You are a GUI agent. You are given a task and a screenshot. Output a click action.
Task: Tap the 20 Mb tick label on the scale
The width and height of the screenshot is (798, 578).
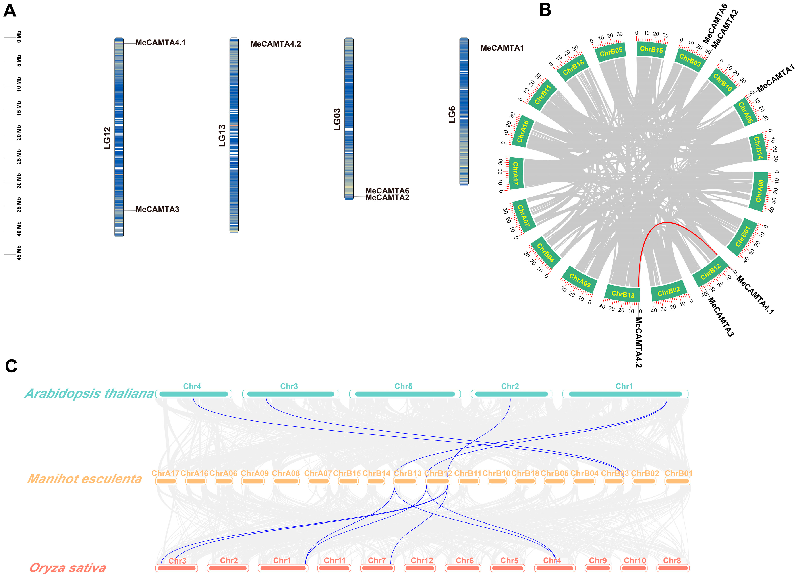pos(19,133)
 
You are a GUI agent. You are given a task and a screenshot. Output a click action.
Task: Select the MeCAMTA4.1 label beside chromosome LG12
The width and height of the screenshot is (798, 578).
pos(160,43)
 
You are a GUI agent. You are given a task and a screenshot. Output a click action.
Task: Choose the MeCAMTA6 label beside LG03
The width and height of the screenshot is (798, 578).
pos(387,191)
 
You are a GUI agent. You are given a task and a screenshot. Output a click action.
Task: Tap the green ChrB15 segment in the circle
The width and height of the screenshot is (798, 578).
pos(651,49)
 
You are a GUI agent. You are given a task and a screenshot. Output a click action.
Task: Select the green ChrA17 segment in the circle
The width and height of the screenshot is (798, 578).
pos(516,173)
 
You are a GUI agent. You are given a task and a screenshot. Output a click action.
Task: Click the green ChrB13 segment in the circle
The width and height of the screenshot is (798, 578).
pos(623,294)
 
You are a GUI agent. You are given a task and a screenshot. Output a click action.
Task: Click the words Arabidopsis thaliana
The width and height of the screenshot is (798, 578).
pos(89,393)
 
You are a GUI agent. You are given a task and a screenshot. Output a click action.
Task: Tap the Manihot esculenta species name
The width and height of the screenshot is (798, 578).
pos(85,479)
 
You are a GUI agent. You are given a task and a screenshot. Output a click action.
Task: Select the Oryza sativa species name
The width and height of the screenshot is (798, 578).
pos(68,568)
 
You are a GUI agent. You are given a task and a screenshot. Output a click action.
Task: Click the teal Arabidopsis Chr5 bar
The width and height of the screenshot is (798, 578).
pos(405,394)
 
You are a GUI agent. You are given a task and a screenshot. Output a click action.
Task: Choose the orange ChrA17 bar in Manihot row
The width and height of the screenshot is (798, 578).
pos(166,481)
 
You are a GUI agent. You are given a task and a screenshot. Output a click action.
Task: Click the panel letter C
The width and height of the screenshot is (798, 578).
pos(11,366)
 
